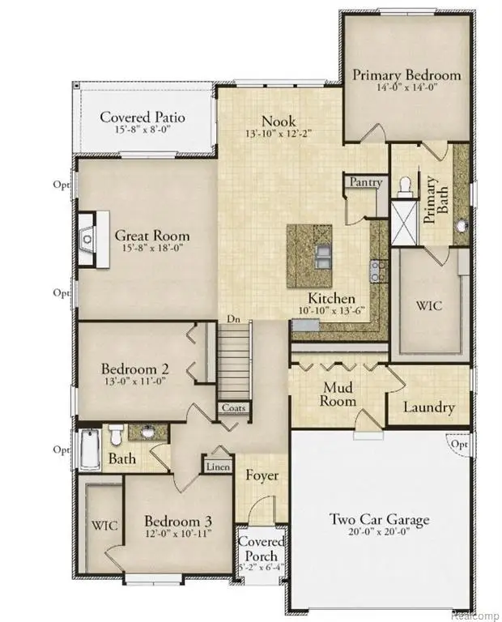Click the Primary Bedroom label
click(406, 75)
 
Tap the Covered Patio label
click(143, 117)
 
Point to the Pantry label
click(366, 183)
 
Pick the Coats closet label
click(233, 409)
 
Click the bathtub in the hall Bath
click(90, 449)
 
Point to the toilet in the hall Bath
click(116, 435)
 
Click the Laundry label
click(429, 407)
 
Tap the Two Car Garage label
click(379, 520)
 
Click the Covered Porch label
click(261, 549)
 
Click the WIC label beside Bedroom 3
click(105, 526)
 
